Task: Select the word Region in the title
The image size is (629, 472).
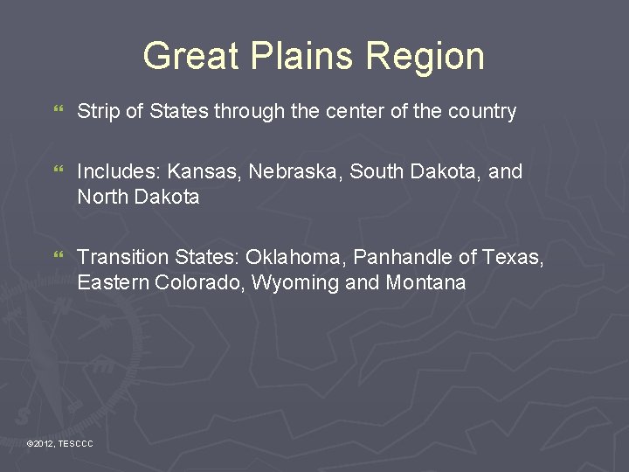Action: pyautogui.click(x=426, y=56)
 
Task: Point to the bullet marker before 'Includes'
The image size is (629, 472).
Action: pyautogui.click(x=59, y=172)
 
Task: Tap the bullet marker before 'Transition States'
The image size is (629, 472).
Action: pyautogui.click(x=59, y=258)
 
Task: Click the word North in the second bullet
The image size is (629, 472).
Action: pyautogui.click(x=101, y=198)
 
